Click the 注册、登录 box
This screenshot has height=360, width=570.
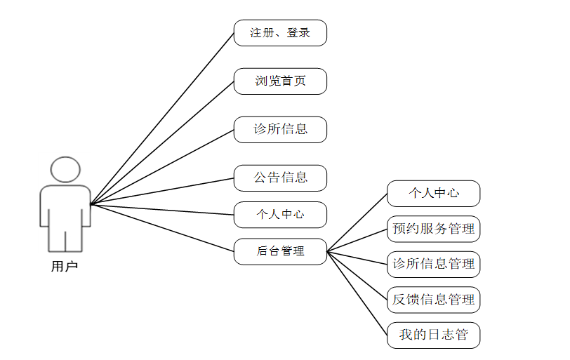click(280, 33)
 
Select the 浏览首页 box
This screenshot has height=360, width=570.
click(280, 81)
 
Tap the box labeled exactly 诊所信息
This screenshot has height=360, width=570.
click(280, 130)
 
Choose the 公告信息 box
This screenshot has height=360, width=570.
click(280, 178)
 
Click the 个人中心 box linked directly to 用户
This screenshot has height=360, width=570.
click(280, 215)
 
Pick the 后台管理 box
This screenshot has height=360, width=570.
click(280, 251)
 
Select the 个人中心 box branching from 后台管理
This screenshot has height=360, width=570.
click(433, 194)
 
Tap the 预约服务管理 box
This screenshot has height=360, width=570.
click(433, 229)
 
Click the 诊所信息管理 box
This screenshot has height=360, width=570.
click(433, 265)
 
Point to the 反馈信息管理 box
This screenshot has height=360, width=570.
click(433, 300)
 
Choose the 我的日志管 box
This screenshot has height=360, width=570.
click(433, 335)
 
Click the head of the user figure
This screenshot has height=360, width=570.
click(65, 171)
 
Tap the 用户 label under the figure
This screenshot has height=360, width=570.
click(65, 266)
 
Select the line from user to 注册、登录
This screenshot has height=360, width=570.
click(162, 118)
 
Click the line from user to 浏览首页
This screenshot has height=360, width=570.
click(162, 142)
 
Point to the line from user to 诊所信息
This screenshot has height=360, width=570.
click(162, 167)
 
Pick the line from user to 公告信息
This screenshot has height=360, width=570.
click(162, 191)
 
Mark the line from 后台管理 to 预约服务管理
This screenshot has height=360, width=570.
click(357, 240)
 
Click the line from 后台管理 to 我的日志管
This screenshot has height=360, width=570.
click(357, 293)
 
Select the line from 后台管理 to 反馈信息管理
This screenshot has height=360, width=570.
click(357, 275)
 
